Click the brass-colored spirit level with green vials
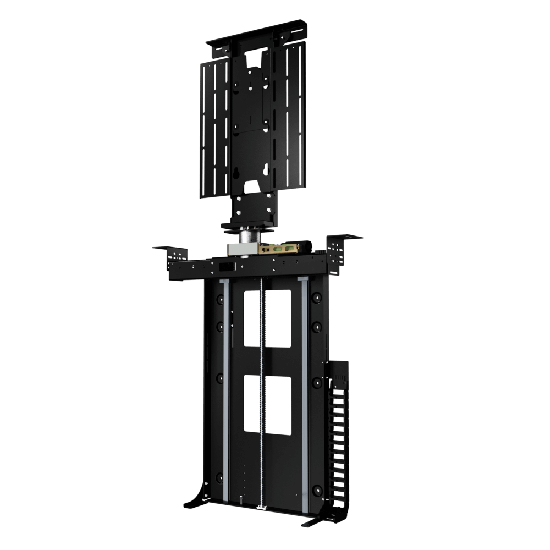tap(280, 249)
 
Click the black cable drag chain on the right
tap(336, 440)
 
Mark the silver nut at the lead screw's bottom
tap(262, 505)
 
